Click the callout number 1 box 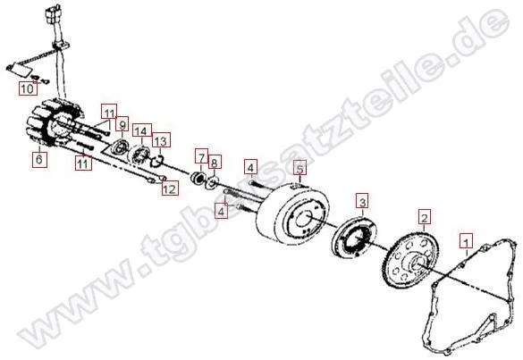464,239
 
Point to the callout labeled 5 300,167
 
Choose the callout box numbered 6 38,160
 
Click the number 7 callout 202,155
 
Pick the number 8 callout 215,162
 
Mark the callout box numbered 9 122,125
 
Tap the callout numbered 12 166,187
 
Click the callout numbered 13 160,141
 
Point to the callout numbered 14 139,131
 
